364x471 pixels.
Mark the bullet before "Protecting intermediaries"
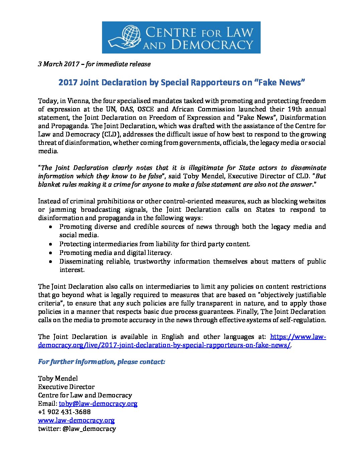click(50, 244)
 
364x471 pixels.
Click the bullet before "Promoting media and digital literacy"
click(50, 253)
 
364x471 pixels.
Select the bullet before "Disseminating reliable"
click(50, 262)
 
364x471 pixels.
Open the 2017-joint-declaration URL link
click(164, 345)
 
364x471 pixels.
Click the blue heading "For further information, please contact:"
click(101, 362)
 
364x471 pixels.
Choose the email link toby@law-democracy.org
click(98, 403)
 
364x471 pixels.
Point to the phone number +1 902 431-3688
click(64, 412)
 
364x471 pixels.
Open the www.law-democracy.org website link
click(76, 420)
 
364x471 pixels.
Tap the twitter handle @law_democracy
click(89, 429)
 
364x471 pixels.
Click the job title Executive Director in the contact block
click(66, 387)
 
